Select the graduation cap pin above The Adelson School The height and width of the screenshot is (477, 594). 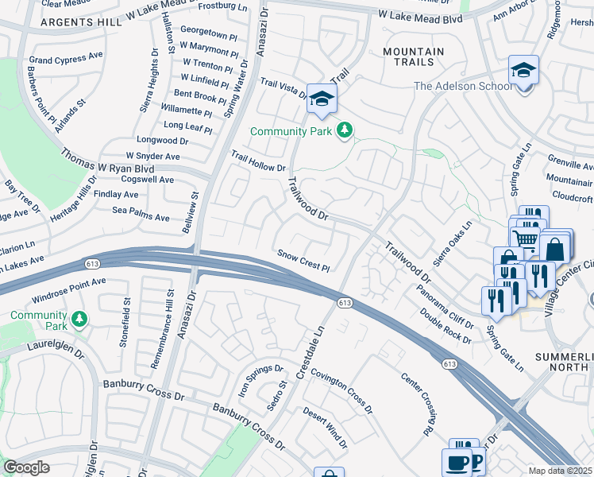point(523,71)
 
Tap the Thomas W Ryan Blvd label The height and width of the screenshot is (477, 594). point(107,159)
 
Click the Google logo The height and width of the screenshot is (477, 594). point(26,467)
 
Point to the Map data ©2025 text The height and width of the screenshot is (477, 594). point(560,471)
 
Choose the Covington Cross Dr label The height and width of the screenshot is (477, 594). point(341,386)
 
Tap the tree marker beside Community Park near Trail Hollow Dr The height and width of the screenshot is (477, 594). point(345,130)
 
